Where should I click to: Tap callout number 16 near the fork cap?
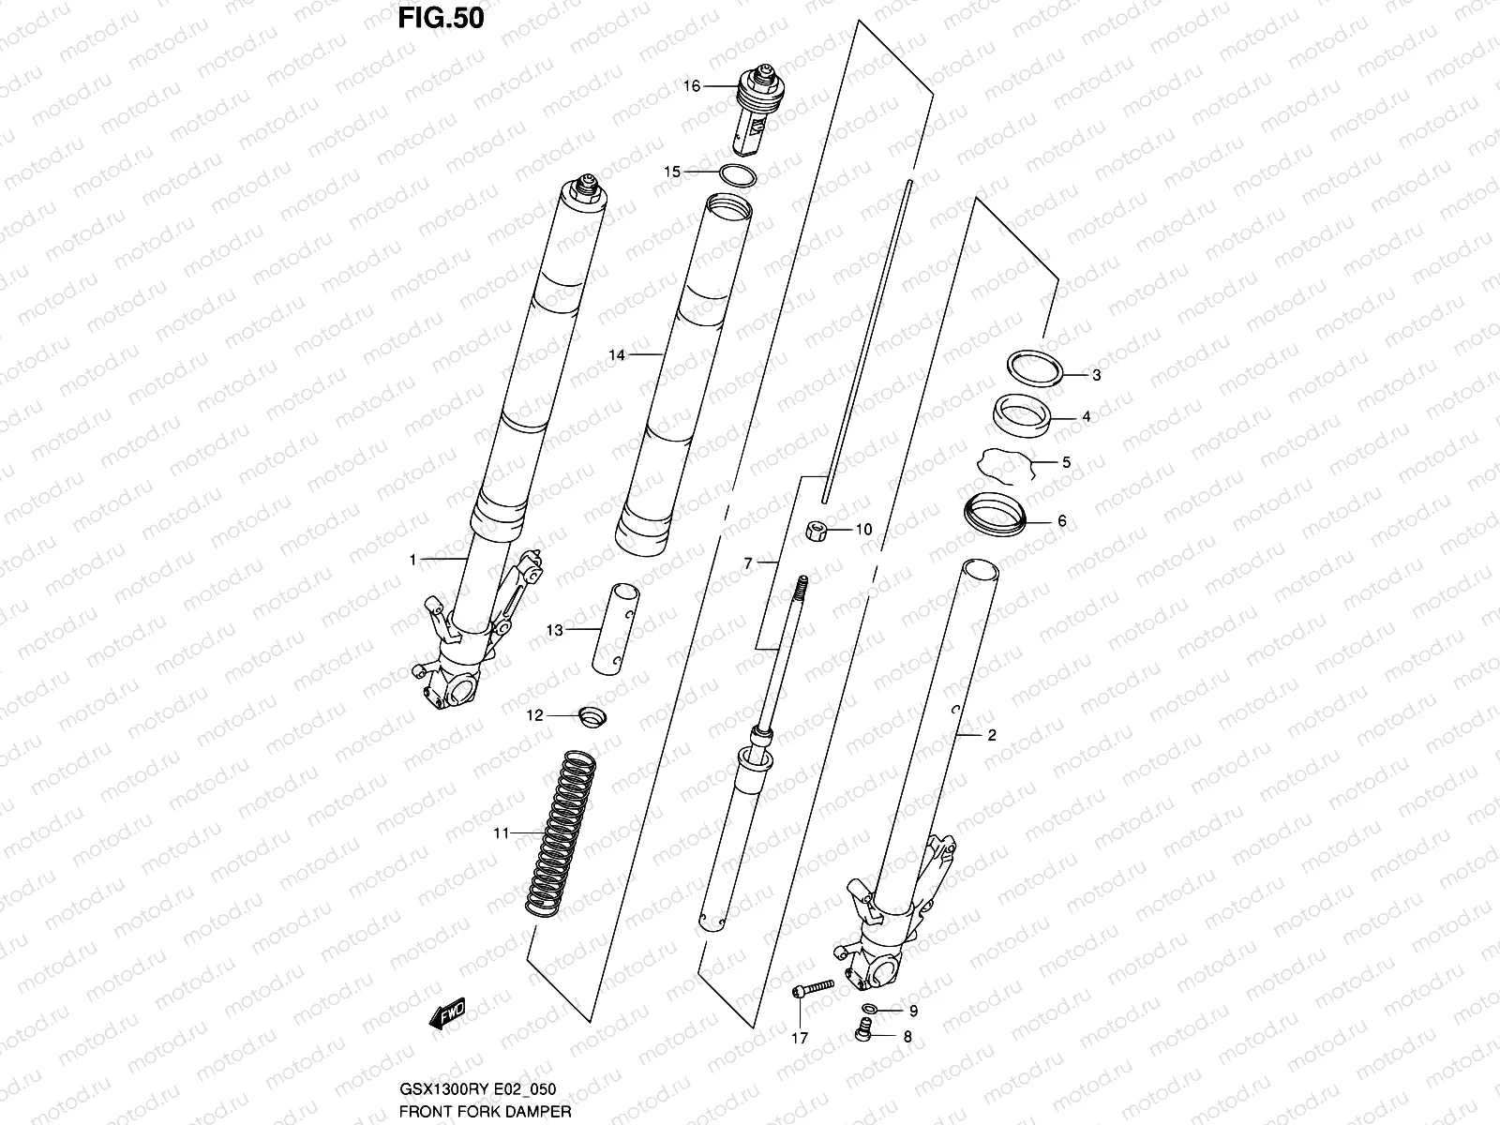691,86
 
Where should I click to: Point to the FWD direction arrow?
447,1016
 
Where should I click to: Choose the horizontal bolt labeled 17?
813,988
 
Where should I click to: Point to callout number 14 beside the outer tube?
616,355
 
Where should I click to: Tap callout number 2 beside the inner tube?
992,735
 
